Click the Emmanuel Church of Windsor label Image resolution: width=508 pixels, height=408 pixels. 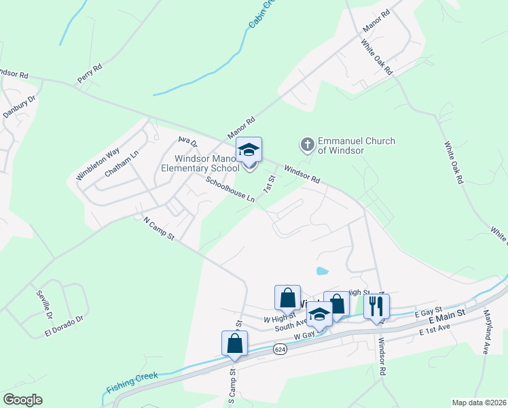click(346, 146)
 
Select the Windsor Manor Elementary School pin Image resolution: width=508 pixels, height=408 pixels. click(249, 152)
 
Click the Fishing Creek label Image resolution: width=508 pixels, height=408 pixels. click(132, 383)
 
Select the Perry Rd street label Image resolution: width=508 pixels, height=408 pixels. click(90, 73)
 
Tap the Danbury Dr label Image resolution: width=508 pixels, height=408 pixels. click(20, 107)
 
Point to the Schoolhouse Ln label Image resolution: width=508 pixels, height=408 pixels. click(230, 190)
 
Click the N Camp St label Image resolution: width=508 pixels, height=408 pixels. click(160, 228)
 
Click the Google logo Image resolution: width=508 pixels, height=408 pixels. click(22, 399)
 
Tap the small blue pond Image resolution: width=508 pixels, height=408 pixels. click(322, 271)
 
